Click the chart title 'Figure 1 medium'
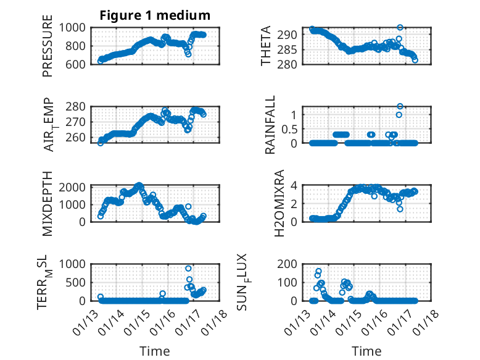[x=155, y=15]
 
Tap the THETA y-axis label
[x=266, y=46]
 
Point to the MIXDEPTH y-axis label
[x=48, y=203]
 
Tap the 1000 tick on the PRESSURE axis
[x=77, y=27]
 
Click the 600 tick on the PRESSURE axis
[x=80, y=64]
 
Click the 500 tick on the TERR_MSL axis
[x=80, y=282]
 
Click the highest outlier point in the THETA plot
[x=400, y=28]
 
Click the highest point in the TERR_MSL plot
[x=188, y=268]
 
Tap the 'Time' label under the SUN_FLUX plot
[x=366, y=351]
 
